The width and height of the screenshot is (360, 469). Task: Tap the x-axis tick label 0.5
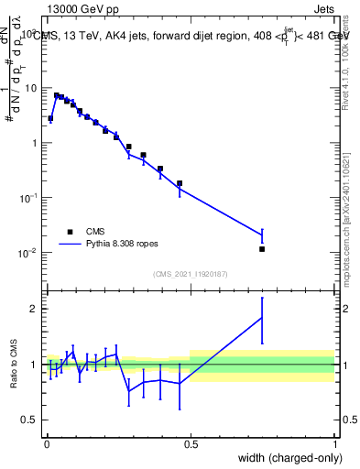pyautogui.click(x=191, y=442)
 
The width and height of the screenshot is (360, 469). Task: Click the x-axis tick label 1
pyautogui.click(x=335, y=442)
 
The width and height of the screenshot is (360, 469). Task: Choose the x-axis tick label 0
pyautogui.click(x=47, y=442)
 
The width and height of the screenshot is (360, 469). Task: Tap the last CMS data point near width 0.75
pyautogui.click(x=262, y=249)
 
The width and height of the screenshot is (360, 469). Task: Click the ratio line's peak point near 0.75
pyautogui.click(x=262, y=317)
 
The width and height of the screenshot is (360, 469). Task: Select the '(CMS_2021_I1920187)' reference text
pyautogui.click(x=191, y=273)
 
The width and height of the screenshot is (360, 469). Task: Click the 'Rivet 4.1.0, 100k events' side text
pyautogui.click(x=345, y=55)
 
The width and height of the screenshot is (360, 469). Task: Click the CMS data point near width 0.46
pyautogui.click(x=180, y=183)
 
